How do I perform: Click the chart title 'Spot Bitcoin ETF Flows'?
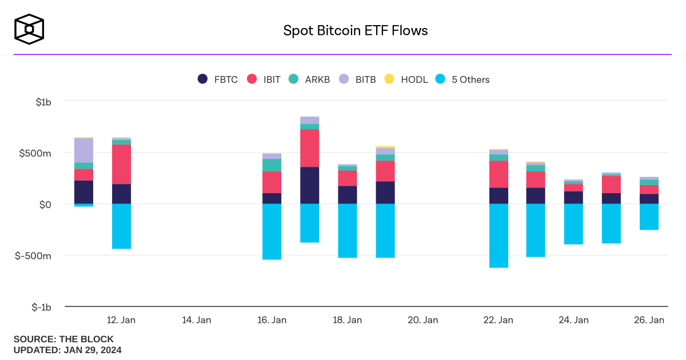click(x=356, y=30)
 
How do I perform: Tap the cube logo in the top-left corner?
click(x=29, y=29)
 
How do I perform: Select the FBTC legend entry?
click(x=218, y=79)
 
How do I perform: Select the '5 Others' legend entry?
click(x=462, y=79)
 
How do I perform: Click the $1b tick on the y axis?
click(x=43, y=102)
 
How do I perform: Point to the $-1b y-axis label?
click(x=41, y=307)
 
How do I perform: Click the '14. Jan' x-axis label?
click(x=196, y=320)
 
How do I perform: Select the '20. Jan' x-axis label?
click(x=423, y=320)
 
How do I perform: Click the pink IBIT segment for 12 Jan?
click(x=121, y=164)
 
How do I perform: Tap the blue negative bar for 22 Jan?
click(x=498, y=235)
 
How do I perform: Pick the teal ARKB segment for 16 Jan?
click(x=272, y=165)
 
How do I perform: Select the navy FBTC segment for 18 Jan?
click(x=348, y=195)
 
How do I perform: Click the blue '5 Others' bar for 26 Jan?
click(x=649, y=217)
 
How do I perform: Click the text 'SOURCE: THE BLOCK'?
click(x=63, y=339)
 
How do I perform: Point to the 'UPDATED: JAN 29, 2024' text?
click(x=67, y=350)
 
